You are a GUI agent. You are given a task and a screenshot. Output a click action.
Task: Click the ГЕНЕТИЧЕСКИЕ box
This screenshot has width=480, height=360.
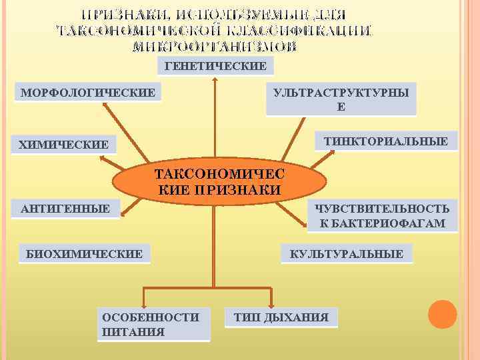pyautogui.click(x=215, y=66)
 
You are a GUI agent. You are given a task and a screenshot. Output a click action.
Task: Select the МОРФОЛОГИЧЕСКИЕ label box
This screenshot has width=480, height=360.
pyautogui.click(x=88, y=91)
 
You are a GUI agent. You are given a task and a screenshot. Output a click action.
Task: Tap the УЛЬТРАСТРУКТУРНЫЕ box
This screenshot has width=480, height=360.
pyautogui.click(x=341, y=99)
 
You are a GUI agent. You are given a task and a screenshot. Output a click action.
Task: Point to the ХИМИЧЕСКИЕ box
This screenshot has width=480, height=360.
pyautogui.click(x=64, y=145)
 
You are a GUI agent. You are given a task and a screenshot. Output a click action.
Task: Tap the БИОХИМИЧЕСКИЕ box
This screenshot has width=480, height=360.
pyautogui.click(x=84, y=253)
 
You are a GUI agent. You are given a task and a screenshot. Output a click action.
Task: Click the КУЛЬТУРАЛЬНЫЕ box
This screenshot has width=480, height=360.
pyautogui.click(x=347, y=254)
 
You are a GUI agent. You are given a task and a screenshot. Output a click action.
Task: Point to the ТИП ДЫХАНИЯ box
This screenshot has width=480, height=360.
pyautogui.click(x=281, y=317)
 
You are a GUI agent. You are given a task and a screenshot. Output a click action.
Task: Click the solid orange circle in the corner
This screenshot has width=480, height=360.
pyautogui.click(x=442, y=314)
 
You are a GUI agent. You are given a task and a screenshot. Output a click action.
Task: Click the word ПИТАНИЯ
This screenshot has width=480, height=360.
pyautogui.click(x=134, y=331)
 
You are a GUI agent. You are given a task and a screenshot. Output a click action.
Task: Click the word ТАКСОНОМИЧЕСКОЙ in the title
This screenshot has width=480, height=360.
pyautogui.click(x=137, y=31)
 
